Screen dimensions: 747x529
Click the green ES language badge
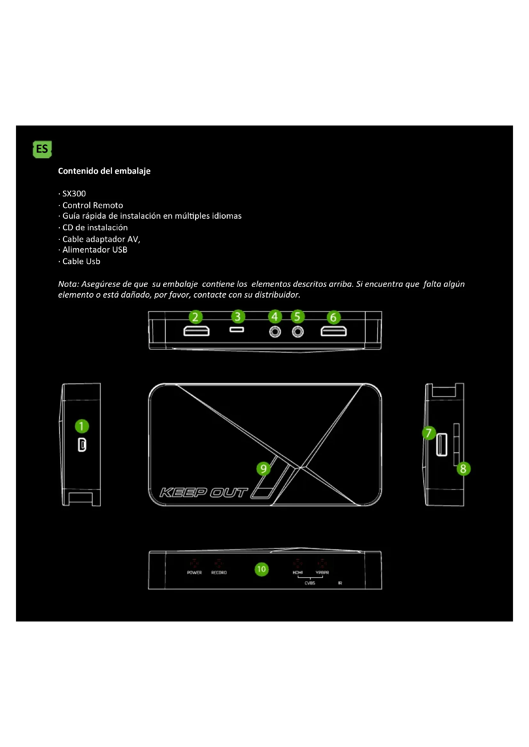(x=42, y=149)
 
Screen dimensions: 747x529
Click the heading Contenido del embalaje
(x=104, y=171)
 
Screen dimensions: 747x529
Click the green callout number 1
(x=82, y=426)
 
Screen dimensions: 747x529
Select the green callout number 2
(x=195, y=317)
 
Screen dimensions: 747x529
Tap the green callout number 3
(x=238, y=316)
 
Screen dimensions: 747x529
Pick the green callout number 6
(x=333, y=317)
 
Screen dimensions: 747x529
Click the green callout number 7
(x=429, y=433)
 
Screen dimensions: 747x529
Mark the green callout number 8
(x=463, y=469)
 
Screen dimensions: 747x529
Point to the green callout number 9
(x=264, y=469)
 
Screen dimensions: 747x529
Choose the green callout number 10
(x=261, y=569)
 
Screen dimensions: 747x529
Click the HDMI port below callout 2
(x=196, y=331)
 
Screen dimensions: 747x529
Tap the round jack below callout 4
(x=275, y=332)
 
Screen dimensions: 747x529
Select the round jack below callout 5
(x=297, y=332)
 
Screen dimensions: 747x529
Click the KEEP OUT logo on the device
(x=204, y=492)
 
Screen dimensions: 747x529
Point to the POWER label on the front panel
(x=194, y=573)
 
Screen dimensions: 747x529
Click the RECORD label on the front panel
(x=219, y=573)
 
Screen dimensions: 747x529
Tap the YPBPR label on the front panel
(x=322, y=573)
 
